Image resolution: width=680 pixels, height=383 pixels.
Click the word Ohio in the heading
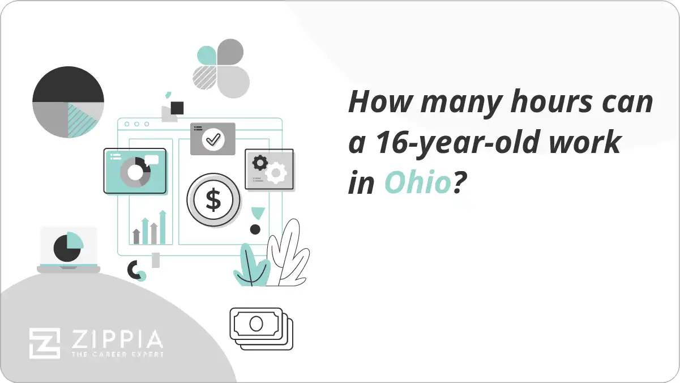pyautogui.click(x=418, y=183)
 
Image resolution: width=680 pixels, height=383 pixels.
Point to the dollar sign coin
pyautogui.click(x=213, y=199)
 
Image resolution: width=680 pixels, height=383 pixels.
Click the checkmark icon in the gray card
pyautogui.click(x=213, y=138)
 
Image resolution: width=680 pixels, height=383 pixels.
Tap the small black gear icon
pyautogui.click(x=260, y=163)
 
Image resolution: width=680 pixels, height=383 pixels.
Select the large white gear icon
pyautogui.click(x=277, y=172)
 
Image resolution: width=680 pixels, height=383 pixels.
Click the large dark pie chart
pyautogui.click(x=68, y=102)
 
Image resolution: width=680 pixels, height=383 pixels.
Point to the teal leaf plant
pyautogui.click(x=250, y=265)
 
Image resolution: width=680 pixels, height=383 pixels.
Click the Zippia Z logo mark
pyautogui.click(x=44, y=343)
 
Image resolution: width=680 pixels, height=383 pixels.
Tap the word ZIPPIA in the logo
pyautogui.click(x=117, y=340)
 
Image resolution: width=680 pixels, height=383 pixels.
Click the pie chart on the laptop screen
pyautogui.click(x=69, y=246)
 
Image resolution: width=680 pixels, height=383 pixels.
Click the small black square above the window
pyautogui.click(x=177, y=108)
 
